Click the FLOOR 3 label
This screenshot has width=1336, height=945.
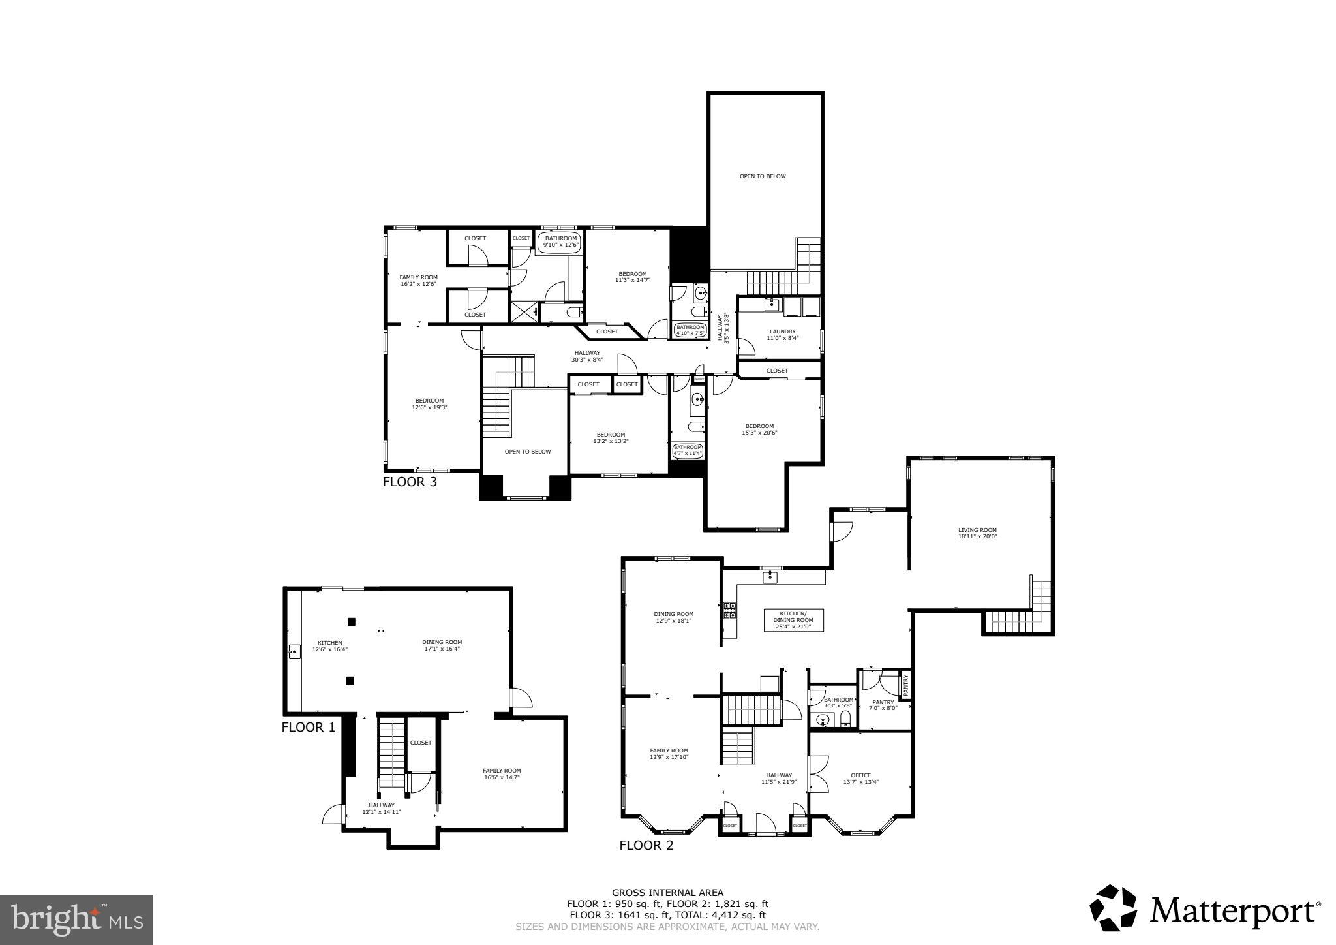409,483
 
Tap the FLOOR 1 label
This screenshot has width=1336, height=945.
308,727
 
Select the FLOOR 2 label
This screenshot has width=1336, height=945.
646,846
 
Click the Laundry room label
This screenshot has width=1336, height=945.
782,335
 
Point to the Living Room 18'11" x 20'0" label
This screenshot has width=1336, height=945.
977,533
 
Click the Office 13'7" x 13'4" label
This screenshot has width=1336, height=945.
860,778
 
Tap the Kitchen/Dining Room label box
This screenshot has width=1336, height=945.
793,620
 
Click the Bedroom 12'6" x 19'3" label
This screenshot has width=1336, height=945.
429,404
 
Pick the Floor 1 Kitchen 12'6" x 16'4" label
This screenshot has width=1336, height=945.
329,646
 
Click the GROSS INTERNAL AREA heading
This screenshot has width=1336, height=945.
667,893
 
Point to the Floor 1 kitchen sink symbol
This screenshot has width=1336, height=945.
294,651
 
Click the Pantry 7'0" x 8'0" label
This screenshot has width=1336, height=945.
883,705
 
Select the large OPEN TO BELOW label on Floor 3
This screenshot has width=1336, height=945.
763,176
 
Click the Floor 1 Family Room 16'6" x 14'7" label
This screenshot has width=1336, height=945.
502,774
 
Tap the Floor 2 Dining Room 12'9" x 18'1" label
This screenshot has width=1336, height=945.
673,617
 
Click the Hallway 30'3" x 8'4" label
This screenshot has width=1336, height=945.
587,356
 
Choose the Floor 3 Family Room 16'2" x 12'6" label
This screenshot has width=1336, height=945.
419,281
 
